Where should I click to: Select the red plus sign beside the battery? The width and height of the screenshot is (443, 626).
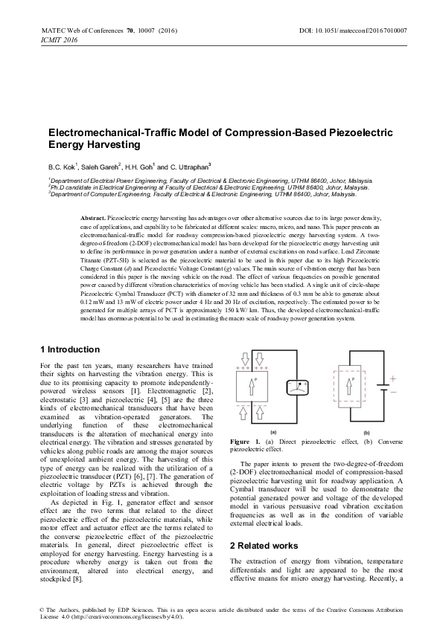[394, 378]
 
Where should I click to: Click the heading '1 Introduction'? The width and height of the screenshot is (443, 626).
[68, 349]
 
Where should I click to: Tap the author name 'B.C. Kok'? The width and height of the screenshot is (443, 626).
[61, 167]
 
